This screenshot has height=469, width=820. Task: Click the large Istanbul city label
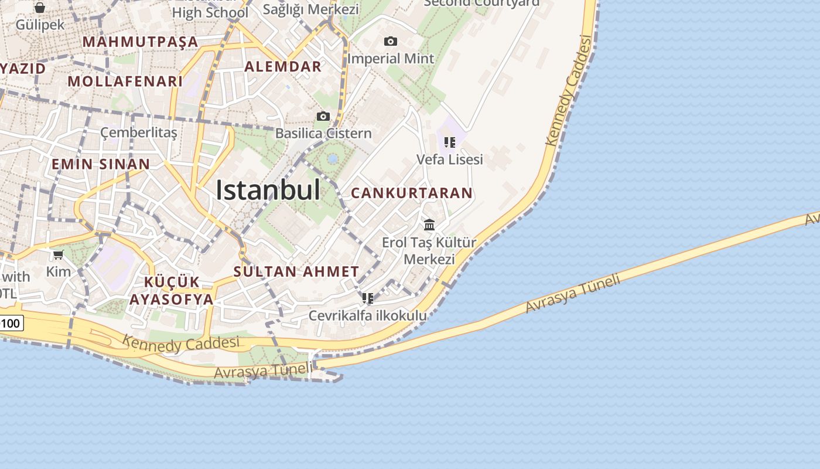[x=268, y=190]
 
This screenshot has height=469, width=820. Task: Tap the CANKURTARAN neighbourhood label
[x=411, y=193]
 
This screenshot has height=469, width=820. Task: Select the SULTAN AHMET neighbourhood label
[x=296, y=271]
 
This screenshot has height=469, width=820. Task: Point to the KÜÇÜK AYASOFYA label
[x=172, y=290]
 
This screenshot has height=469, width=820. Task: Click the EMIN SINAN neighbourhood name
[x=101, y=164]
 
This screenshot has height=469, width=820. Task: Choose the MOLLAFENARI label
[x=125, y=81]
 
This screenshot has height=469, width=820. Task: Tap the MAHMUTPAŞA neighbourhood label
[x=141, y=42]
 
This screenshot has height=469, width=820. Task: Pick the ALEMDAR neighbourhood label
[x=283, y=66]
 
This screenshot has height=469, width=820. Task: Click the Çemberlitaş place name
[x=139, y=132]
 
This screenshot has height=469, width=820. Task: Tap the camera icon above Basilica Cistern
[x=323, y=116]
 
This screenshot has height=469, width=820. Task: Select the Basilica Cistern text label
[x=323, y=133]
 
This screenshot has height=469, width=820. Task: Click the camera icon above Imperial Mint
[x=391, y=41]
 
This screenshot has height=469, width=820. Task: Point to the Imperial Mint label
[x=391, y=59]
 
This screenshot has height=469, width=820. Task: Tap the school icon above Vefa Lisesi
[x=450, y=142]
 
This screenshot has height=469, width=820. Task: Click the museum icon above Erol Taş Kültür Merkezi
[x=429, y=225]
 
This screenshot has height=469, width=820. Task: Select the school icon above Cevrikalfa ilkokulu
[x=368, y=298]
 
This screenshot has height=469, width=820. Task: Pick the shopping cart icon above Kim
[x=59, y=254]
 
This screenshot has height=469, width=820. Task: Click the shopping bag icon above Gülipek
[x=40, y=8]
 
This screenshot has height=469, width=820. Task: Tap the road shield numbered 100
[x=11, y=322]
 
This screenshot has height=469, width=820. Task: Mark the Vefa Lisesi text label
[x=450, y=159]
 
